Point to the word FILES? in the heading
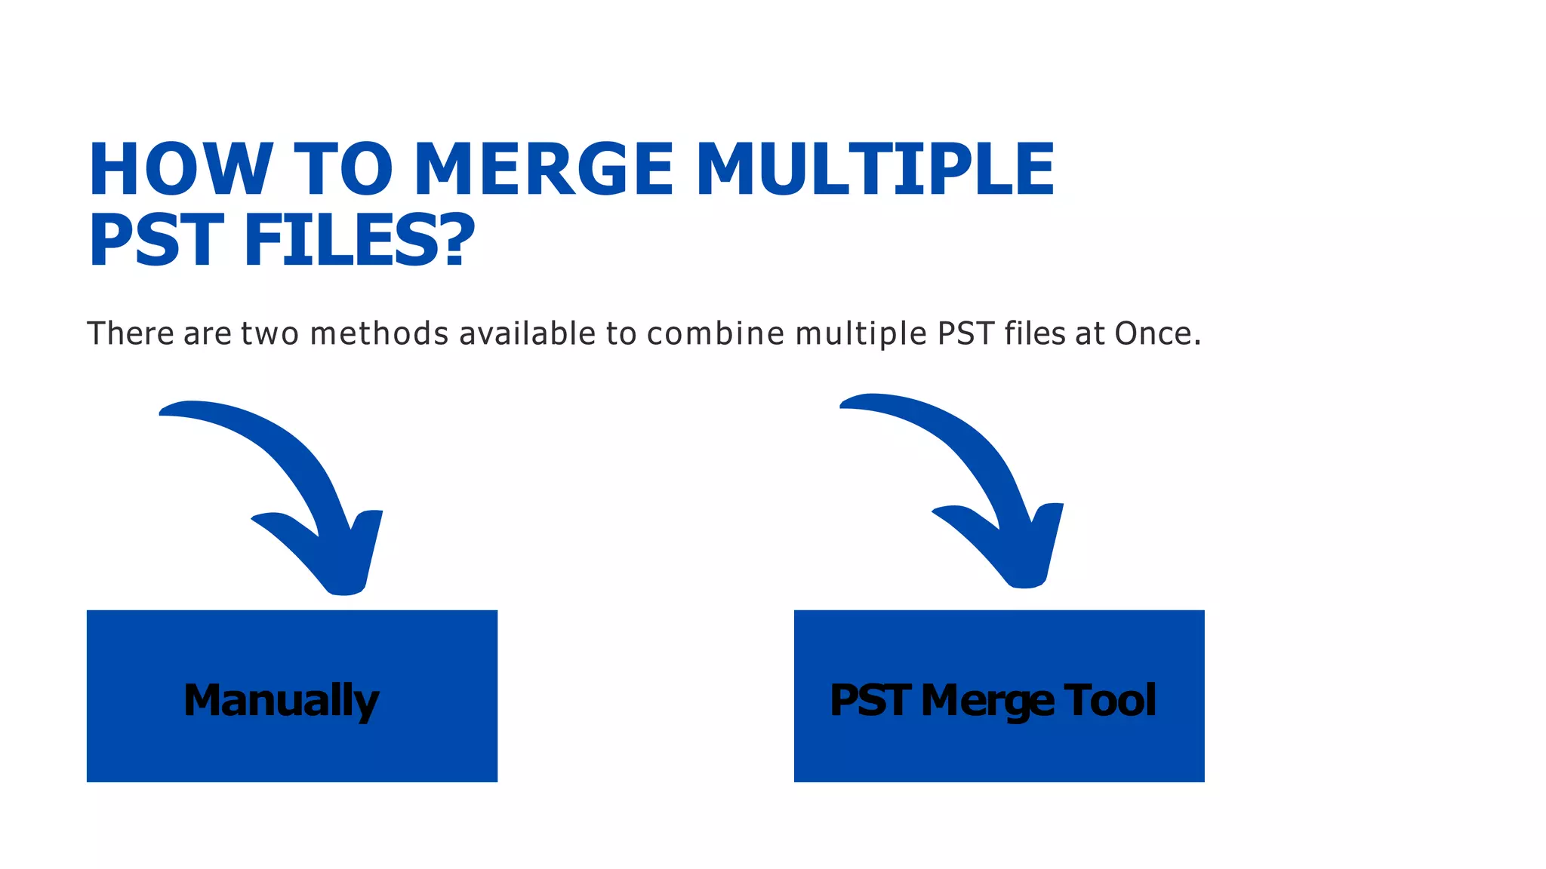[x=359, y=241]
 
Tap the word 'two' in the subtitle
[x=269, y=333]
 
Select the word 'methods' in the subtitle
[x=380, y=333]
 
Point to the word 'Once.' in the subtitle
[x=1158, y=333]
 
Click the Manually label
[x=282, y=700]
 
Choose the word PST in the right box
[x=870, y=700]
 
